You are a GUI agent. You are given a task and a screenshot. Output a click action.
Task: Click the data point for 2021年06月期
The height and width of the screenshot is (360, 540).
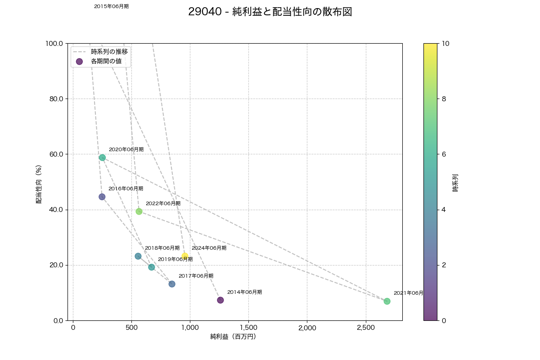(387, 301)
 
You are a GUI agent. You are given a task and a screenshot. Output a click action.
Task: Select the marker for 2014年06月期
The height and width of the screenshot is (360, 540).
(220, 300)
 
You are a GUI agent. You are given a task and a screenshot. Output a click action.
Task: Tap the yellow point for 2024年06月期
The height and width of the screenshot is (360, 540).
(185, 256)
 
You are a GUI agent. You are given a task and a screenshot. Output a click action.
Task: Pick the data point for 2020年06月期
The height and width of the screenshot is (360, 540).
(102, 157)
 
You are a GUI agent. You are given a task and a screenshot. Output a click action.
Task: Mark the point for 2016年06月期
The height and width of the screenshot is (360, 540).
(102, 197)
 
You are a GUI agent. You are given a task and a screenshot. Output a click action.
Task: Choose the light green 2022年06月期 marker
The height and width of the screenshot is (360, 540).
(139, 211)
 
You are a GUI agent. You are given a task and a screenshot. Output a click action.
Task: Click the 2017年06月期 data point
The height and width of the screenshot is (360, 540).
(172, 284)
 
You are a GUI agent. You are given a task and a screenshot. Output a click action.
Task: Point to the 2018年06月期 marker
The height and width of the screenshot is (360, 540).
(138, 256)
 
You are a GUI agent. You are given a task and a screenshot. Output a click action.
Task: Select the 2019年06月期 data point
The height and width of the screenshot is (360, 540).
(152, 267)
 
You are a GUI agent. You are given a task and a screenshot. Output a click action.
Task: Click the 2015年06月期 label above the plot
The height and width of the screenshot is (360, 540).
(111, 7)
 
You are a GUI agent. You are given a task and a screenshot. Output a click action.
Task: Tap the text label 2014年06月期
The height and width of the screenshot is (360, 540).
(244, 292)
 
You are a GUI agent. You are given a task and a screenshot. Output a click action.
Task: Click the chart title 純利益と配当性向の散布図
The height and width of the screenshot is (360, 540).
(270, 12)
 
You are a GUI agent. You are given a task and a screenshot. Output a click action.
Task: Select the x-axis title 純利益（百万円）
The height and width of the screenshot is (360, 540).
(233, 337)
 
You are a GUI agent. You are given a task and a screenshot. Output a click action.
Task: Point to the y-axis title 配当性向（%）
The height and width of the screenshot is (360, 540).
(39, 182)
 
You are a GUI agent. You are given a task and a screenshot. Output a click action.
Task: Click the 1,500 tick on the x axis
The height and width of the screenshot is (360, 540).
(248, 328)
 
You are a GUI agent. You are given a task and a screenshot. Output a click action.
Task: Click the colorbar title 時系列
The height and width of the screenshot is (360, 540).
(455, 182)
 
